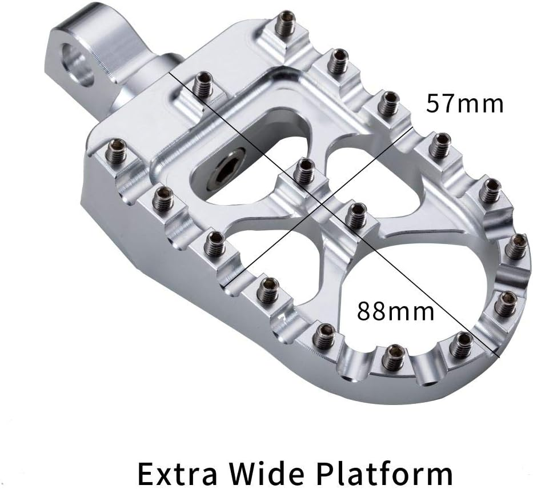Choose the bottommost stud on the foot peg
[x=392, y=357]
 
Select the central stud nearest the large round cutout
[x=357, y=214]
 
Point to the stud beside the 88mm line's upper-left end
[x=202, y=85]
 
